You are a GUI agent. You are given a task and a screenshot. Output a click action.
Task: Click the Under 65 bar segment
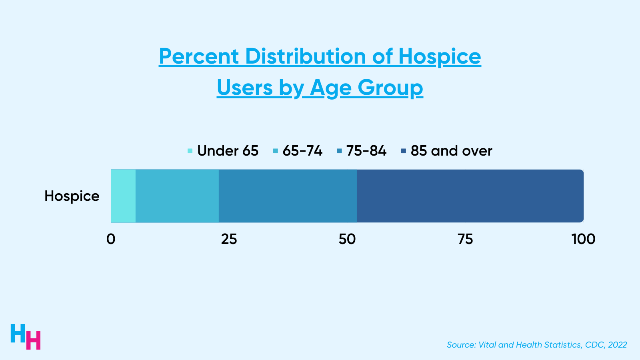tap(123, 196)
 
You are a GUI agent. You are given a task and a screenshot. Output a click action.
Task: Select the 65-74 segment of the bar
tap(177, 196)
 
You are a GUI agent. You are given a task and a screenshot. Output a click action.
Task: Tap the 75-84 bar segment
tap(288, 196)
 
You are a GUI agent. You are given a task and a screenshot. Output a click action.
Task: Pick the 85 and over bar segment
tap(470, 196)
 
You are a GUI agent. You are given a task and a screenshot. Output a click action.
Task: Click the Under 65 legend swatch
tap(190, 151)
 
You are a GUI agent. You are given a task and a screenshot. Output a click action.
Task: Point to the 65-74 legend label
tap(302, 151)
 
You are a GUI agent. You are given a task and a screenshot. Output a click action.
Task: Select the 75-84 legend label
tap(366, 151)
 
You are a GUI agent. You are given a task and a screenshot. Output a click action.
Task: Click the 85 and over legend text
tap(451, 151)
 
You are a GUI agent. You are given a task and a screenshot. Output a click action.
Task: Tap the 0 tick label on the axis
tap(111, 239)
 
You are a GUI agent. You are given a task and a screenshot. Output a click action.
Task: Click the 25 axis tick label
tap(229, 239)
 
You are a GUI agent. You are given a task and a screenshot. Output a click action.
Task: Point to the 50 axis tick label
tap(347, 239)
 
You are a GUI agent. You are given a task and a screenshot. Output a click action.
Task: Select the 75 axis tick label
tap(465, 239)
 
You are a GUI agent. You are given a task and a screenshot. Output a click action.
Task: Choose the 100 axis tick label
tap(583, 239)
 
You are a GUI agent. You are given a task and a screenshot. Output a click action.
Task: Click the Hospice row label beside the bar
tap(72, 196)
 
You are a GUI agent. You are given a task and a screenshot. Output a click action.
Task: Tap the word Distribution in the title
tap(305, 56)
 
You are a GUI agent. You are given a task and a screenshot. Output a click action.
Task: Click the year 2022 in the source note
tap(618, 345)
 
